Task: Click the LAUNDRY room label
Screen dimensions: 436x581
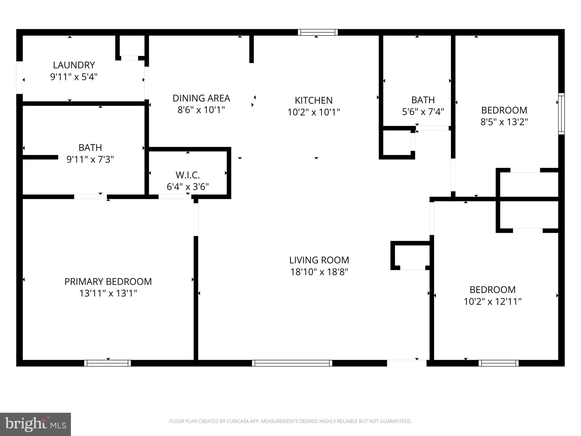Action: point(74,65)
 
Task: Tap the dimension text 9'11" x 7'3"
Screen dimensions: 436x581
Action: point(90,160)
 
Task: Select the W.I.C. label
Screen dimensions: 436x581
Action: point(188,175)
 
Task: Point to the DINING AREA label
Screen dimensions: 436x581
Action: point(201,98)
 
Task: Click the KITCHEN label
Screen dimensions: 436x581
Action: point(313,100)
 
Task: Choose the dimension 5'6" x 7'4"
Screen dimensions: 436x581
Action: point(423,112)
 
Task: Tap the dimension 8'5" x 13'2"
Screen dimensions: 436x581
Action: point(504,122)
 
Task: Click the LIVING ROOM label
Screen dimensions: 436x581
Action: point(319,260)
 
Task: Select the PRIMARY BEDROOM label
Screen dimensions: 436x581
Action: point(108,282)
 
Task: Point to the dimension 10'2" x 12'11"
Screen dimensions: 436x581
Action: point(492,301)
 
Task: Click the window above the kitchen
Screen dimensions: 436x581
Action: point(318,32)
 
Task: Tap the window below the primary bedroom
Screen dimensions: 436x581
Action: point(108,363)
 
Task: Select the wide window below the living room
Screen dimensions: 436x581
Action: point(292,363)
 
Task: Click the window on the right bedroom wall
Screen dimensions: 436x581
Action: point(561,114)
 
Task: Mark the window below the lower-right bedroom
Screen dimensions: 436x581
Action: point(498,363)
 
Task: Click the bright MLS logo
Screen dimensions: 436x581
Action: point(35,424)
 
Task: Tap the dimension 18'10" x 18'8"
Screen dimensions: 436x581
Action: point(319,272)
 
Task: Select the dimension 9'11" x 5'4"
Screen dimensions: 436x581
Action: point(74,77)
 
